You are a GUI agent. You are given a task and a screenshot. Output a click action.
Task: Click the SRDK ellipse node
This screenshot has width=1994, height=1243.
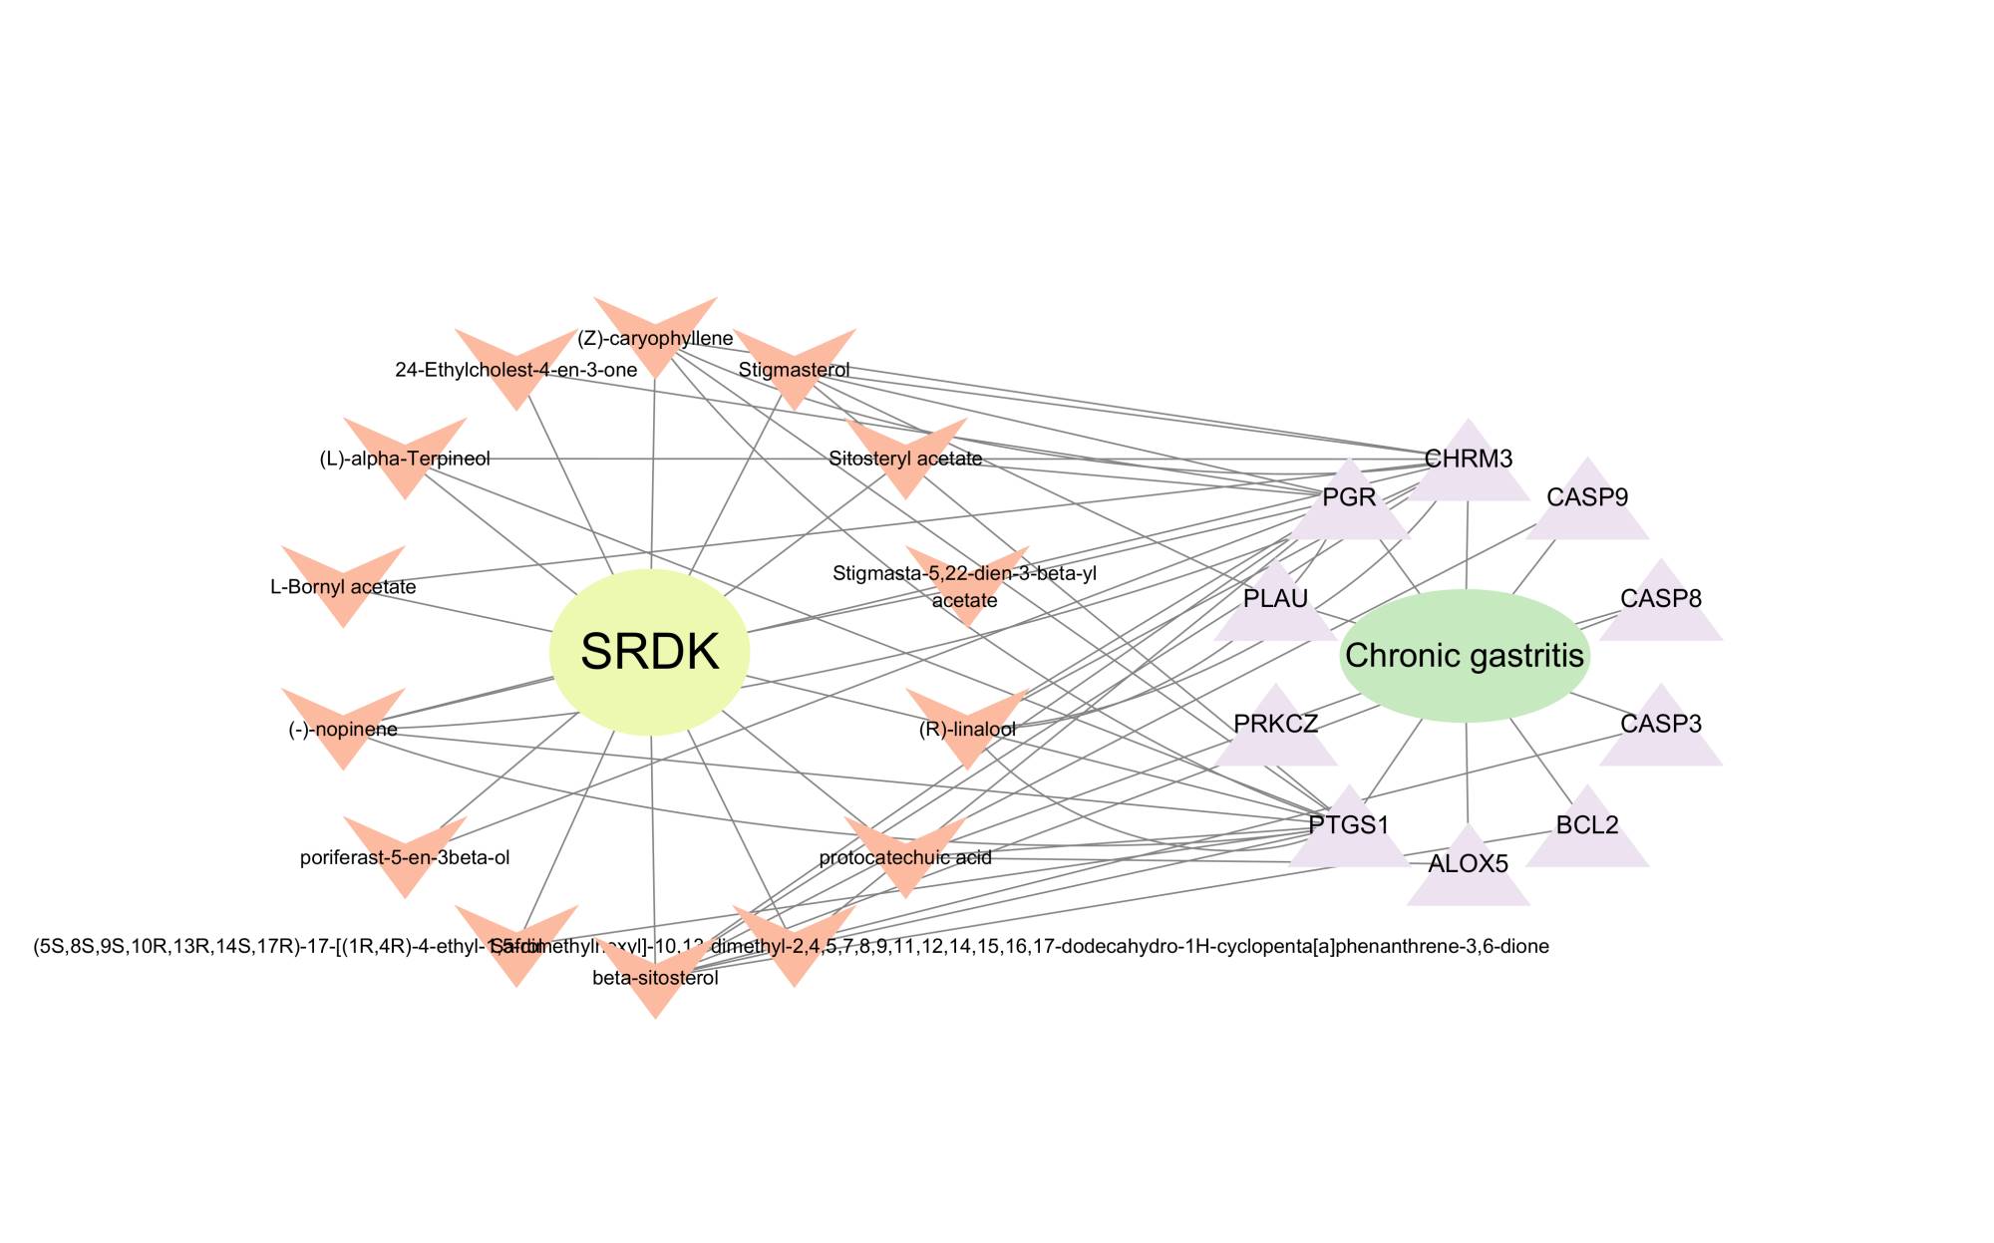coord(650,653)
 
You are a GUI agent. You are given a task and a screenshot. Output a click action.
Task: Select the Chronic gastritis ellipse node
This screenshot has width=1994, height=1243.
coord(1464,656)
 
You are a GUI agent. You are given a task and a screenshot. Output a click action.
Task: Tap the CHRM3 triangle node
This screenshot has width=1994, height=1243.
coord(1469,460)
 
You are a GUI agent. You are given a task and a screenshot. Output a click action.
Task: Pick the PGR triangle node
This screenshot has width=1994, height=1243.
coord(1349,497)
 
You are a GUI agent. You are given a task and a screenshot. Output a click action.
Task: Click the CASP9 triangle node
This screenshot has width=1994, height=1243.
coord(1587,496)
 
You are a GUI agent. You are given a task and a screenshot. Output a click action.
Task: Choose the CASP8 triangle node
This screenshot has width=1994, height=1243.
coord(1661,599)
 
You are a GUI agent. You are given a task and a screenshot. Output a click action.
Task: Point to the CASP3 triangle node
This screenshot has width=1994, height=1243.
coord(1661,724)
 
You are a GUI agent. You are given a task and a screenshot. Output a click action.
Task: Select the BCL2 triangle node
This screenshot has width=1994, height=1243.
coord(1587,825)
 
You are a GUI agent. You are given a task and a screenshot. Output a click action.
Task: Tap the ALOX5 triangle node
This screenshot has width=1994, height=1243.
coord(1469,863)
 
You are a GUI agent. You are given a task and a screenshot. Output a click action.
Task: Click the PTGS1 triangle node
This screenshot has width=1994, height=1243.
coord(1349,825)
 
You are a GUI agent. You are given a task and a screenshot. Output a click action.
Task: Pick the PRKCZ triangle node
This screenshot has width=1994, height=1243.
coord(1276,724)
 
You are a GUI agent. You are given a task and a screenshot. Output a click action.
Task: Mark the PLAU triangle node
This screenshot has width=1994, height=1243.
coord(1276,599)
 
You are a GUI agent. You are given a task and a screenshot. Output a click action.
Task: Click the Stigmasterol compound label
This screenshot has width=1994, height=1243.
coord(795,370)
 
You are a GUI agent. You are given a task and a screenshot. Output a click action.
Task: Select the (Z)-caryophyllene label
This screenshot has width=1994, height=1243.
coord(655,339)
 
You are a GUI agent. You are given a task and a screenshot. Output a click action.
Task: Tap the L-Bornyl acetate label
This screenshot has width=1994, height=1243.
coord(343,587)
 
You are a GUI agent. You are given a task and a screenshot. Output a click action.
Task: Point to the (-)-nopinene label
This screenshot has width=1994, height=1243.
coord(343,729)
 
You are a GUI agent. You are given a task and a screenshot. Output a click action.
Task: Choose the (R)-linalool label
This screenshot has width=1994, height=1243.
coord(967,729)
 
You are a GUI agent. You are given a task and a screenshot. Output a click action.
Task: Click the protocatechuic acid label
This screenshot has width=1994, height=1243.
coord(905,857)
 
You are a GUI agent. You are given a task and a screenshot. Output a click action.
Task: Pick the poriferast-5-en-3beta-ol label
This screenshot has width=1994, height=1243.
coord(405,857)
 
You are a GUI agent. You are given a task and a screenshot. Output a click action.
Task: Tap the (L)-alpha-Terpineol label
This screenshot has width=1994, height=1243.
coord(405,459)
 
